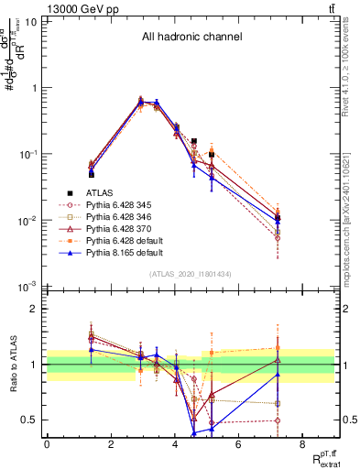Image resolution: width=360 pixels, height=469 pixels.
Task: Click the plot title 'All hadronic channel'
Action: click(x=191, y=38)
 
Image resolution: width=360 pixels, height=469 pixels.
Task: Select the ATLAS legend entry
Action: click(x=101, y=192)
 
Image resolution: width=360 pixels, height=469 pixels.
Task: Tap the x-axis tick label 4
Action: click(x=174, y=444)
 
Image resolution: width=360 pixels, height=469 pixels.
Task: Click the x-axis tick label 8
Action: click(x=302, y=444)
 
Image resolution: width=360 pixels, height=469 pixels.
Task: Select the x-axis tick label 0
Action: click(x=47, y=444)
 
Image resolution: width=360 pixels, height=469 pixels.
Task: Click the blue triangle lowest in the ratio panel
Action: click(x=194, y=432)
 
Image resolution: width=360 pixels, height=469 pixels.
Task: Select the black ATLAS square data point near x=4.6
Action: click(x=194, y=142)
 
